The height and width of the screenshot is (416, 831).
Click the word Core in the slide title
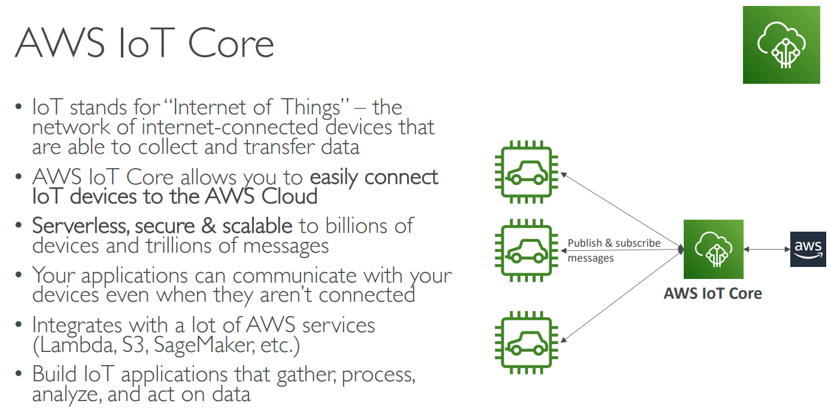pos(231,43)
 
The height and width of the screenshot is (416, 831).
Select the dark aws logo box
pos(808,249)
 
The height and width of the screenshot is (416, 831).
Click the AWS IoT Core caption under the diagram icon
pos(712,294)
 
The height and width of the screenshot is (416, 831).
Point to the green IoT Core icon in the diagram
pos(713,249)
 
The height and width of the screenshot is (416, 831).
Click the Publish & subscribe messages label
pos(614,250)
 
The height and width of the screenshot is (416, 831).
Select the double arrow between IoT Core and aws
pos(766,249)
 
